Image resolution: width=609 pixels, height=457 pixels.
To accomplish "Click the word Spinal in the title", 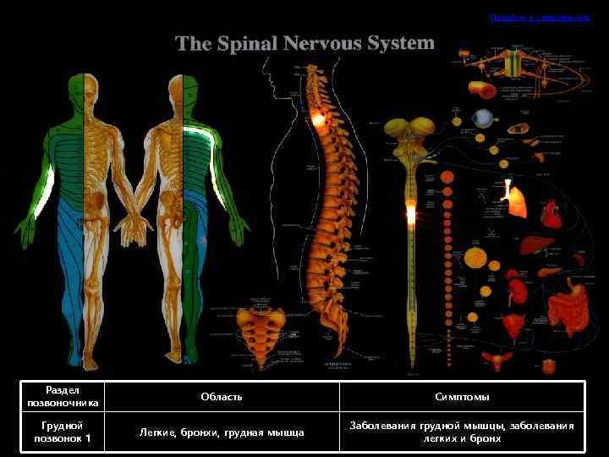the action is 244,43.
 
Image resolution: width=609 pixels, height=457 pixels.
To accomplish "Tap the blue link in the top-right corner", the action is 539,17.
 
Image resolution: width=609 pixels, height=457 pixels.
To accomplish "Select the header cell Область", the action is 222,397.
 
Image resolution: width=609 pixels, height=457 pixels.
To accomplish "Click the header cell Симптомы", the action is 462,397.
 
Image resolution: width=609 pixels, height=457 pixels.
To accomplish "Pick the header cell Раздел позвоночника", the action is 63,397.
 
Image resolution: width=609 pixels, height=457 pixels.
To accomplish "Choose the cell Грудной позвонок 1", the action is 63,432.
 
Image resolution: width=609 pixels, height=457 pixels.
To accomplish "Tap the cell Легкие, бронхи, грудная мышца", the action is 222,432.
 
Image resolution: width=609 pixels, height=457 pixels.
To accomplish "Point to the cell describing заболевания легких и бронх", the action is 462,432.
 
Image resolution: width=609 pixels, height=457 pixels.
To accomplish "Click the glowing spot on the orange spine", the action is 320,119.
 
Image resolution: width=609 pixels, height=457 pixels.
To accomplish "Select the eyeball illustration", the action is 483,118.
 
